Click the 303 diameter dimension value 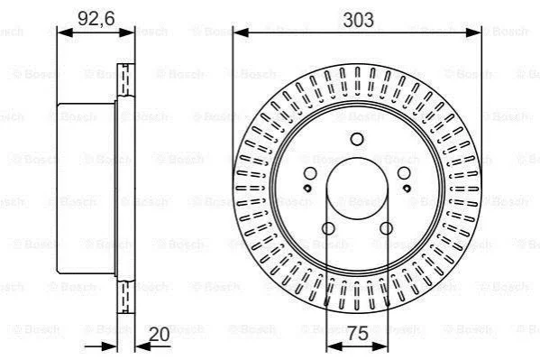(x=358, y=20)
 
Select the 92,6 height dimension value (x=96, y=18)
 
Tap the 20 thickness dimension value (x=159, y=334)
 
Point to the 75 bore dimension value (x=358, y=333)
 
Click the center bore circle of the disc (x=357, y=189)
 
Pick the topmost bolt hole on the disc (x=357, y=139)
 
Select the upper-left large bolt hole (x=310, y=173)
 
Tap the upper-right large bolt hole (x=404, y=173)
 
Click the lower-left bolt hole (x=328, y=228)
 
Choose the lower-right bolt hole (x=386, y=228)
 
